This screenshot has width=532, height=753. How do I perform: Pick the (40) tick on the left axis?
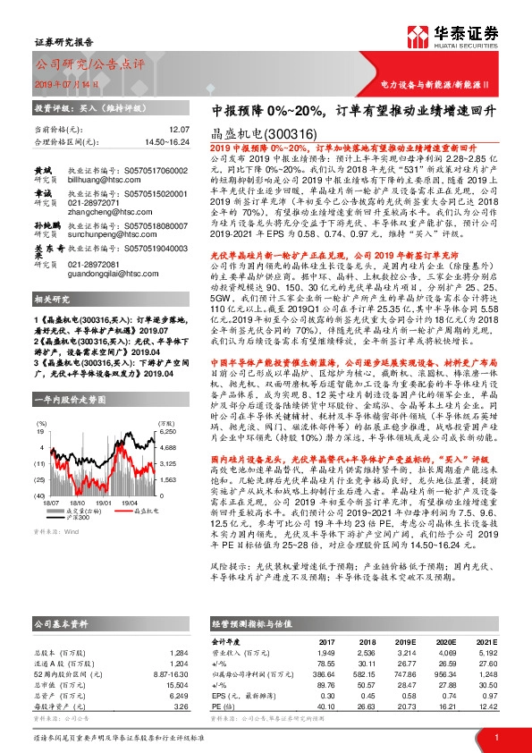(x=40, y=495)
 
